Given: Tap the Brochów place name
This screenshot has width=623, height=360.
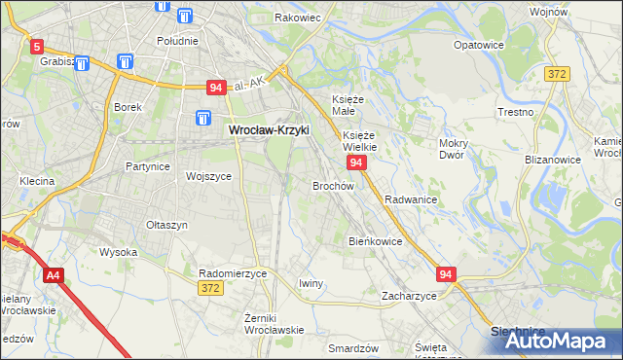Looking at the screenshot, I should pos(332,185).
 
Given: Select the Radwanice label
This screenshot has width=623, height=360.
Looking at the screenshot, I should pos(410,198).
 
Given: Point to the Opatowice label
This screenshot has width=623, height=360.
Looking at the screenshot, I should pos(480,45).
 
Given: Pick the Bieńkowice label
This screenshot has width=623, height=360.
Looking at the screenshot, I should pos(376,241).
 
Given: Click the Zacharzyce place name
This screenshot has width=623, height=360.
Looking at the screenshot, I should pos(409,295).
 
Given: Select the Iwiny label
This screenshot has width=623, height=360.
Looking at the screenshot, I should pos(311,283).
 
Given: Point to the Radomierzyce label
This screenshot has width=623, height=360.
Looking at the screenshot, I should pos(232,273).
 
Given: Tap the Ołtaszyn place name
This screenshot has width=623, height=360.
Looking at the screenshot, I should pos(166,225).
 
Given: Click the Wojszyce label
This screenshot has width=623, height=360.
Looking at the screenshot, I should pos(208,176).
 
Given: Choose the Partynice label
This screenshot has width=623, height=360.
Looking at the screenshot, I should pos(148,166).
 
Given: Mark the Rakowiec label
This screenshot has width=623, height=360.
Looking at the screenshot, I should pos(298,18).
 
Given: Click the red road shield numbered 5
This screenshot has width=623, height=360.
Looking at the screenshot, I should pos(37,46).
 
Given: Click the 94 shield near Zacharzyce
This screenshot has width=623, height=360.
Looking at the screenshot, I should pos(446,275).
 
